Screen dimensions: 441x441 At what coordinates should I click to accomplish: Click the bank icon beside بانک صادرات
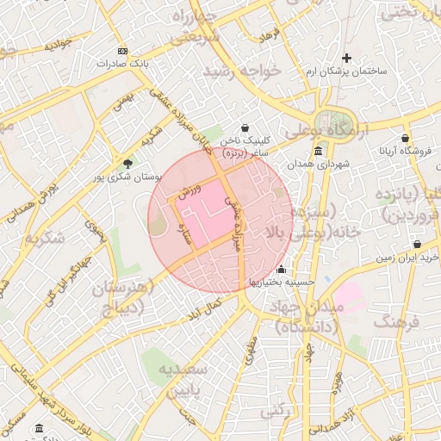point(121,52)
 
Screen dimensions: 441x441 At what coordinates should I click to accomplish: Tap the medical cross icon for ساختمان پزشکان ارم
point(347,58)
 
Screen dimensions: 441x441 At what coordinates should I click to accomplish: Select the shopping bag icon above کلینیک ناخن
point(245,127)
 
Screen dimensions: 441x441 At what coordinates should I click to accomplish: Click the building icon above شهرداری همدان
point(319,151)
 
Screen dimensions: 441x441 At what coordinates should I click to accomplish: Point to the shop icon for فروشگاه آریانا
point(404,138)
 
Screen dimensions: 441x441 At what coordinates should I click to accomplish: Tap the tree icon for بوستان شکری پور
point(128,163)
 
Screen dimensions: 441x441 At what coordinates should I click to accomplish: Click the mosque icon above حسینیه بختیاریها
point(282,269)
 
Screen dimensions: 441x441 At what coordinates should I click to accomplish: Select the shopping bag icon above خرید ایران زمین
point(418,245)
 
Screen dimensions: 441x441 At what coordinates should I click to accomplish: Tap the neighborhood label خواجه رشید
point(243,70)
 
